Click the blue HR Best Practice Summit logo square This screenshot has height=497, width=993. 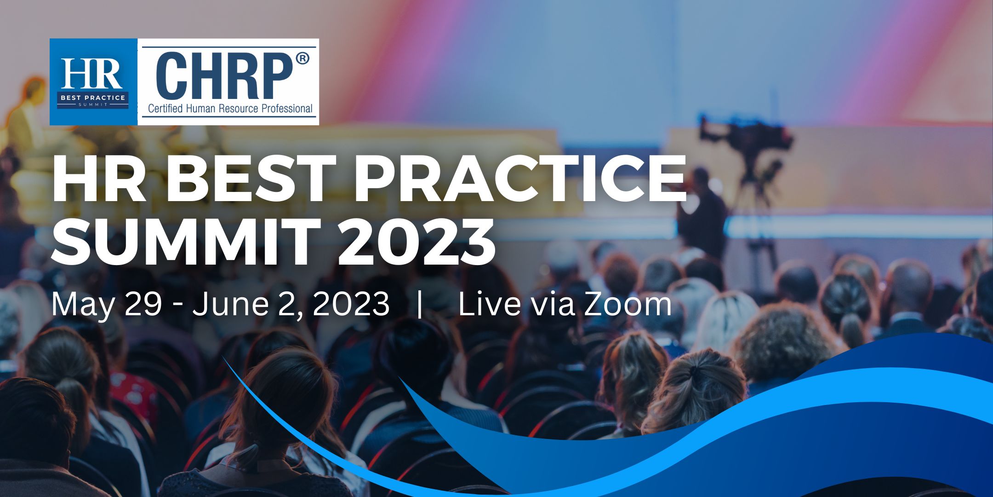(x=93, y=82)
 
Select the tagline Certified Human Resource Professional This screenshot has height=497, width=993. (x=230, y=109)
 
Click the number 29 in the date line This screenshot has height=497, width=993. (x=143, y=305)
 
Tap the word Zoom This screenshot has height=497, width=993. (x=628, y=305)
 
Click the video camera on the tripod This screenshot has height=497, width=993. (x=745, y=133)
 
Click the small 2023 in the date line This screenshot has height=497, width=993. (x=351, y=305)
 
